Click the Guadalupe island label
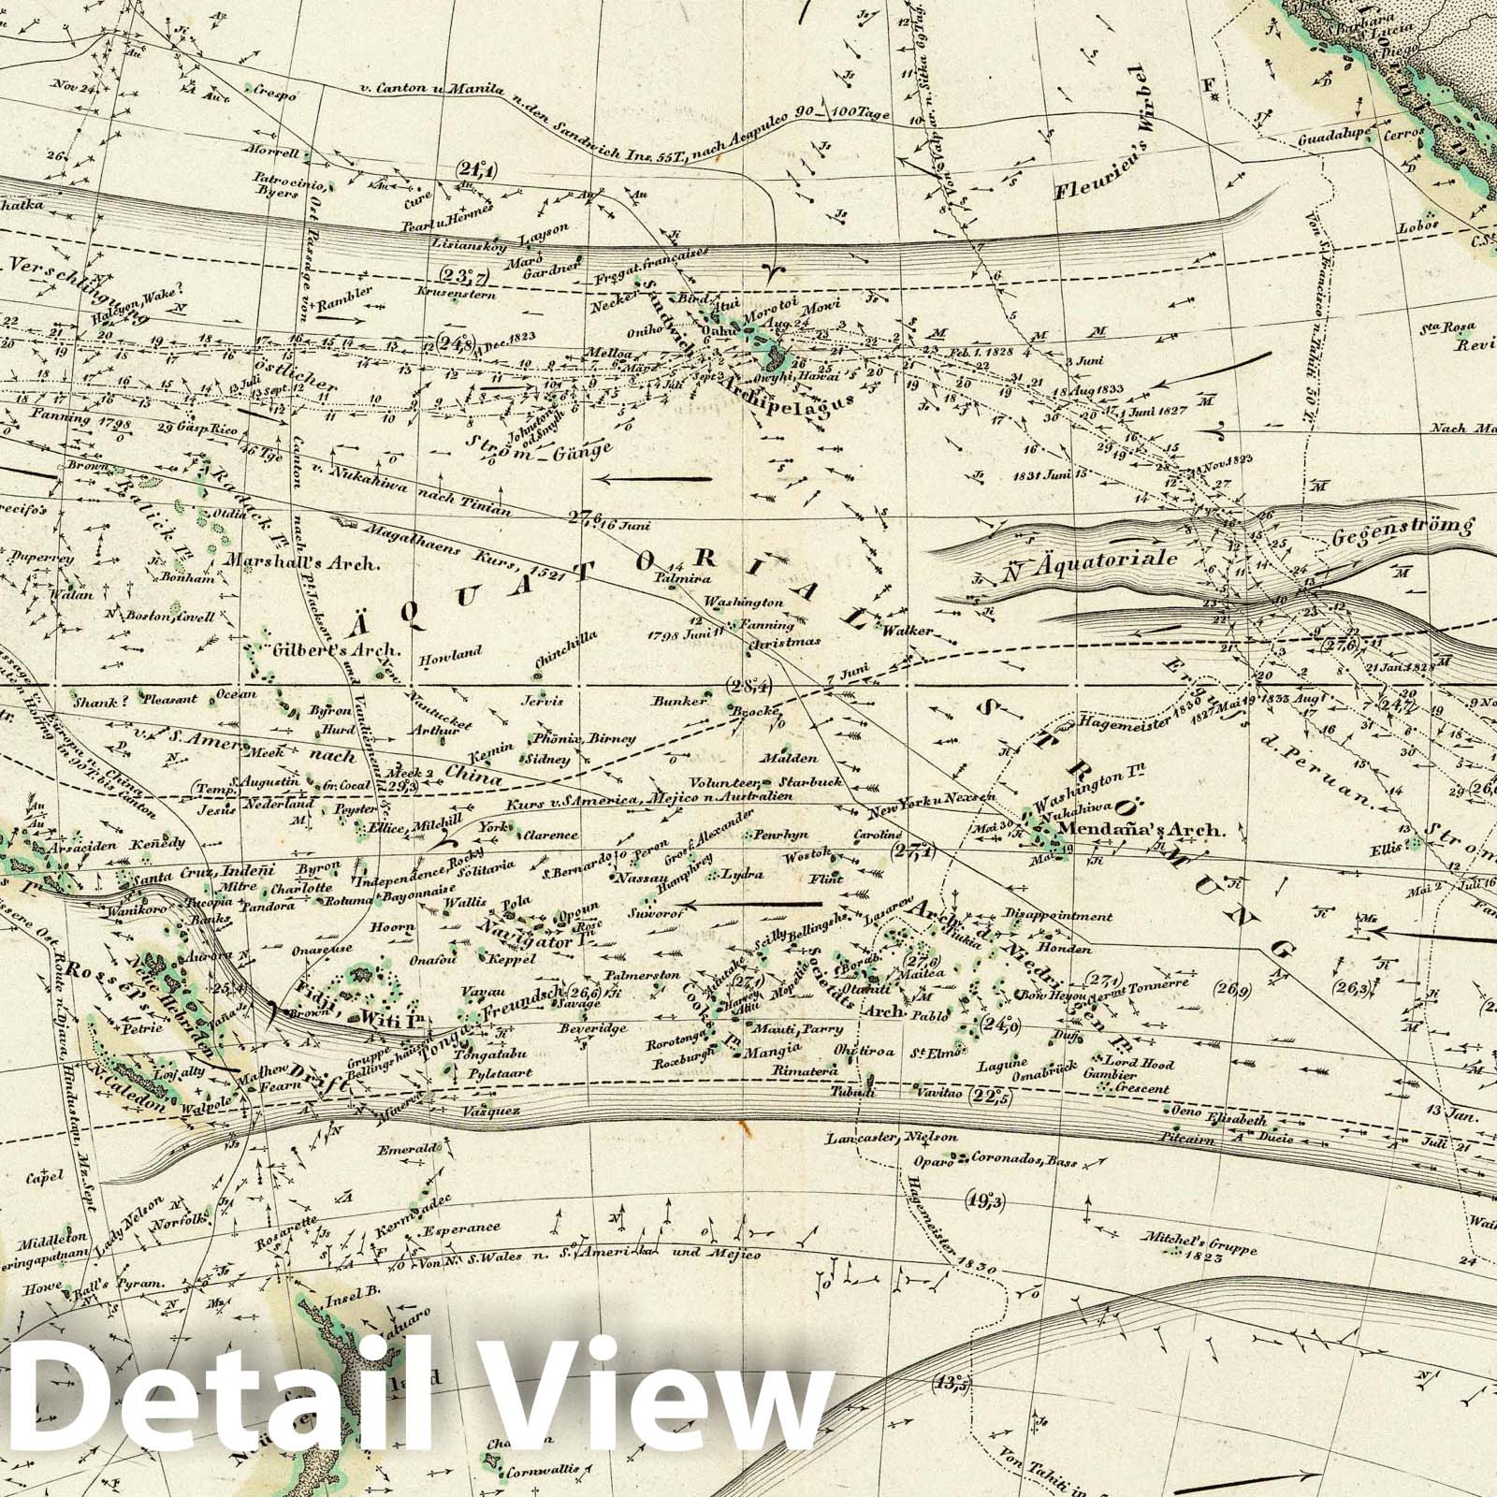(x=1332, y=136)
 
